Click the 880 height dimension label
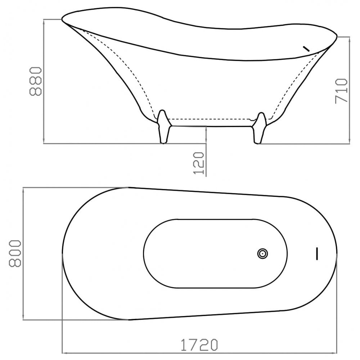(36, 81)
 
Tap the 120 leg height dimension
(199, 163)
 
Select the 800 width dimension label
(15, 253)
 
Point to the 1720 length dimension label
(199, 345)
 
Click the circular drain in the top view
(263, 254)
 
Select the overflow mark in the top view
(317, 253)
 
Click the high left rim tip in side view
(63, 19)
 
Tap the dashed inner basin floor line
(211, 118)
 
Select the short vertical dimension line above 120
(207, 135)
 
